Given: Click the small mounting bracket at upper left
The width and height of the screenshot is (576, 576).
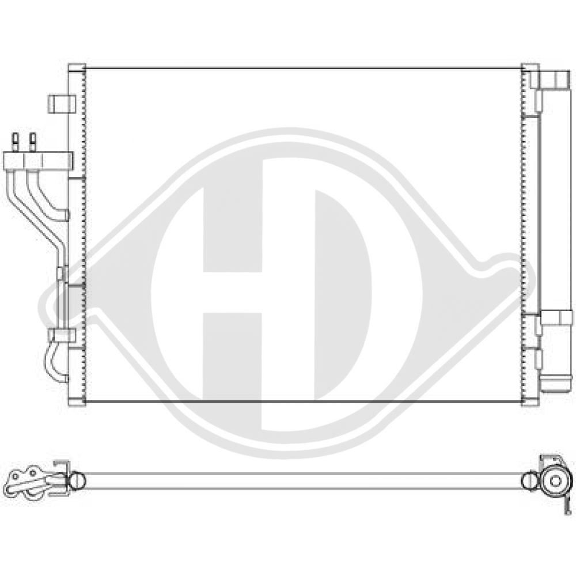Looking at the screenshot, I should (x=62, y=104).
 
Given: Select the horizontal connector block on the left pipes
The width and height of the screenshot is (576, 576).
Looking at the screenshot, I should (x=37, y=160).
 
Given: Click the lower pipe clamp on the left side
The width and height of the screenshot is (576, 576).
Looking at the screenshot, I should (x=62, y=335).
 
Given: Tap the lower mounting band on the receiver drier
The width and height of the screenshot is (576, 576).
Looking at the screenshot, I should (x=555, y=318).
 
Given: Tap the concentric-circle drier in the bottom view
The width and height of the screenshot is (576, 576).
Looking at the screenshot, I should (x=556, y=480).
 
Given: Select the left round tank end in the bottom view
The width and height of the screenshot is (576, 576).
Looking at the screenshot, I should (x=77, y=480).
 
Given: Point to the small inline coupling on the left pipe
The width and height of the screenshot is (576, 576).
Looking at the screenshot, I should (x=62, y=274).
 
